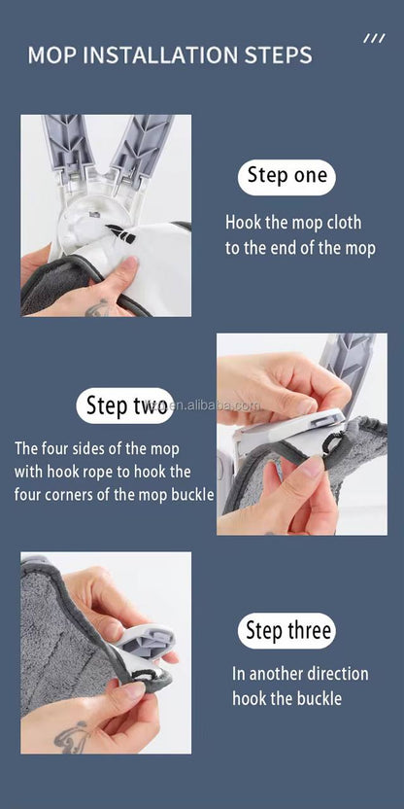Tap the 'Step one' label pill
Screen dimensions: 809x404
286,176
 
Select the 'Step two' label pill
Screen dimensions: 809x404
125,405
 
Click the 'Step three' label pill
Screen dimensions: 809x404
286,631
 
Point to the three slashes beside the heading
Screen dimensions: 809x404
374,38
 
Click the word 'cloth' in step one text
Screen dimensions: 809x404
341,222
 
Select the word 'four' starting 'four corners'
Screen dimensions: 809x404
31,494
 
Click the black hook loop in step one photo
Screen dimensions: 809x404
119,233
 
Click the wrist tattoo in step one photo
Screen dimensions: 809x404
98,309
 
